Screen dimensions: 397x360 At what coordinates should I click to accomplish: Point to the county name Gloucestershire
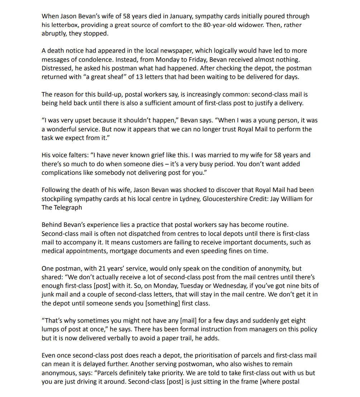point(227,198)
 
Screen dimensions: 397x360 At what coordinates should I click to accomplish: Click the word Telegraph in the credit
point(68,207)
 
